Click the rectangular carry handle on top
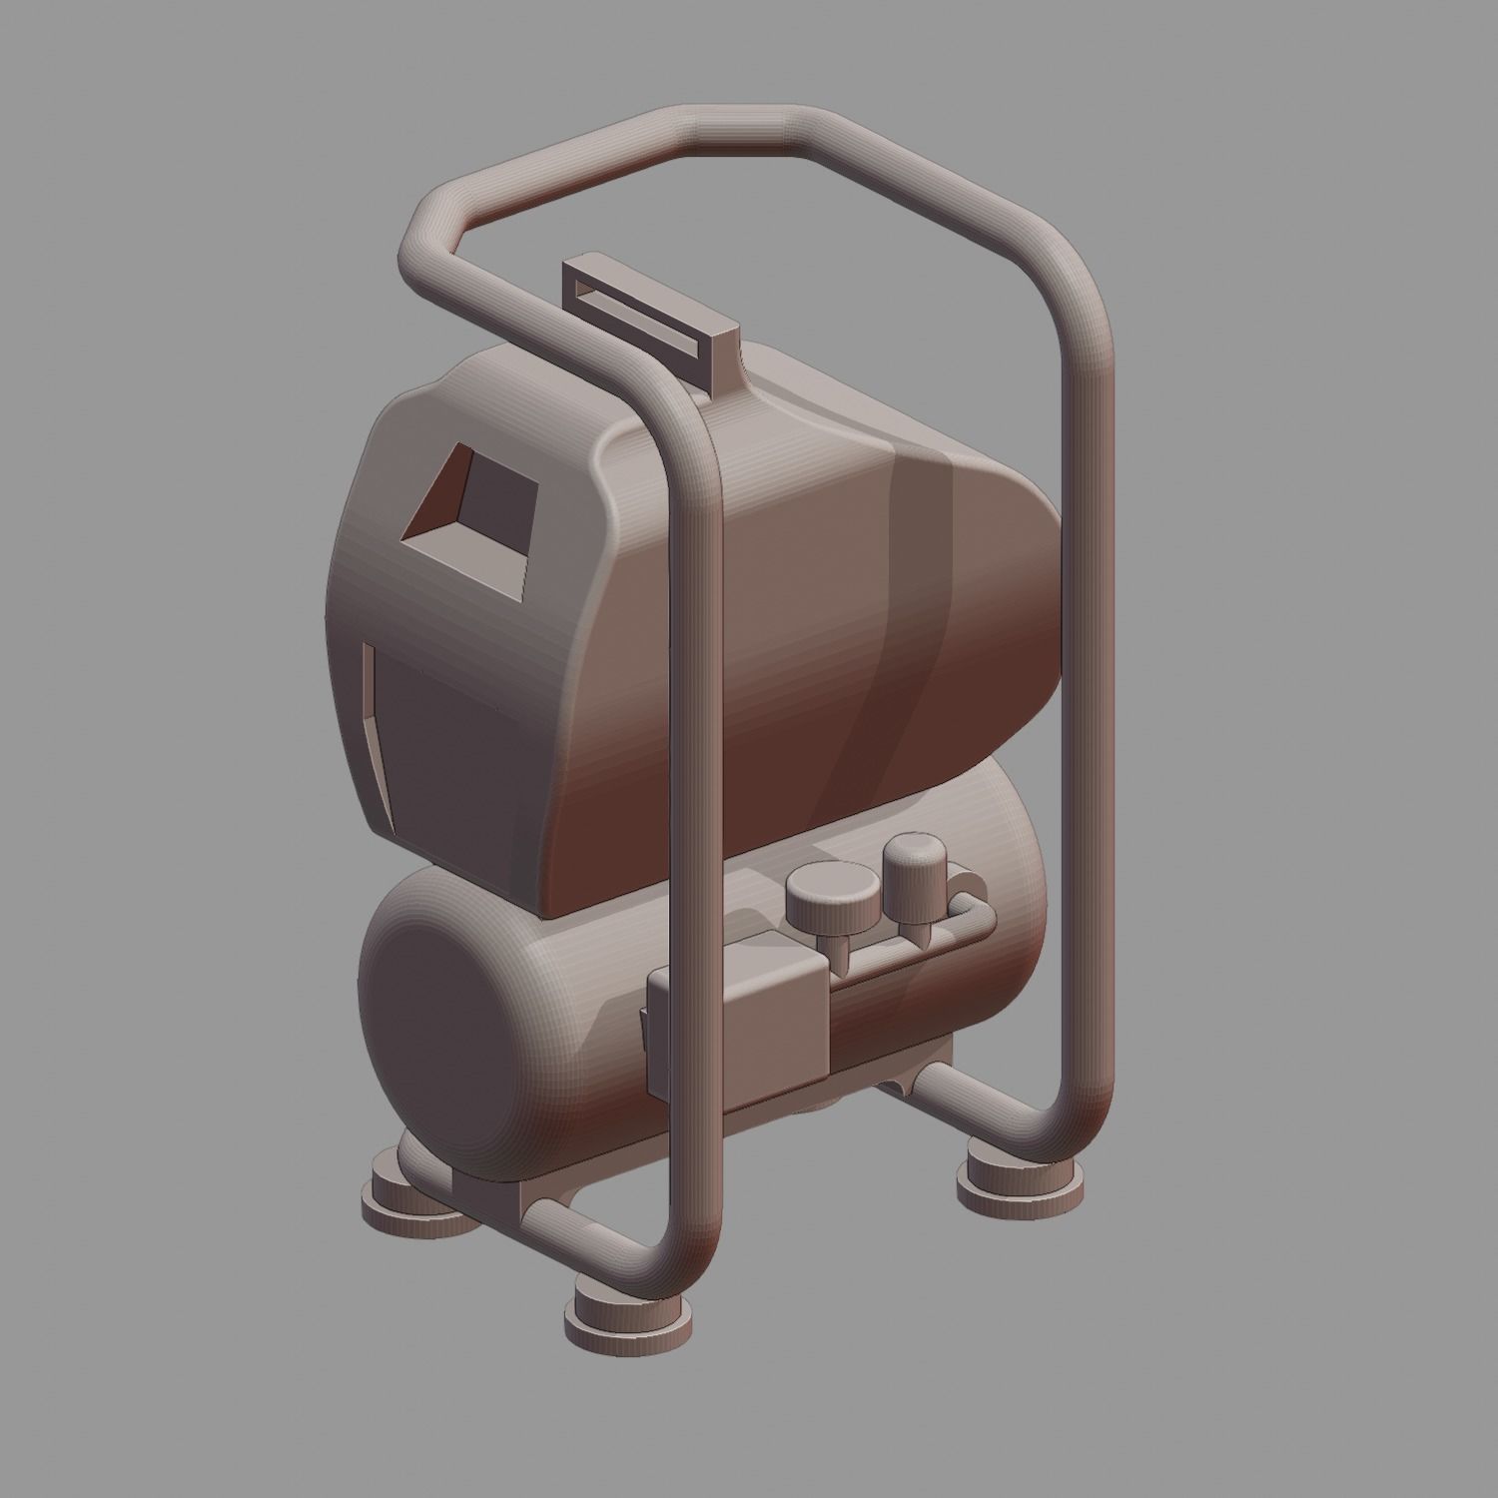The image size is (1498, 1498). pyautogui.click(x=649, y=310)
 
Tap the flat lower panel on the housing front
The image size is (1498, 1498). pyautogui.click(x=449, y=739)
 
